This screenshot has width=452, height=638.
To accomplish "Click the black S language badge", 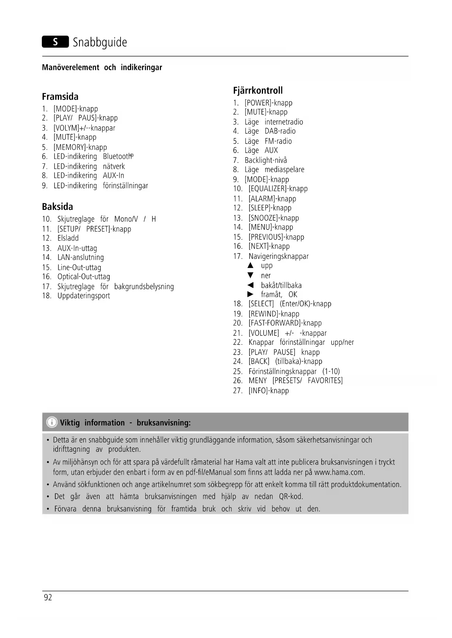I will (55, 42).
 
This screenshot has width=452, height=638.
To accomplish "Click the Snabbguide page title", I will (100, 42).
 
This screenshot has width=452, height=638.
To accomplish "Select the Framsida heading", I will (60, 97).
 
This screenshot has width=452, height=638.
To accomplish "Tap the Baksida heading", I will (57, 207).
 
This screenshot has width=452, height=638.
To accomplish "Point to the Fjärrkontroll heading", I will (258, 91).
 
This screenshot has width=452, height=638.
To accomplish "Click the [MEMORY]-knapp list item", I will (80, 147).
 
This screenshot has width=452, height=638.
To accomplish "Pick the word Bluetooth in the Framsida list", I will (117, 156).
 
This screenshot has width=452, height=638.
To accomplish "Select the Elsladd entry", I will (68, 238).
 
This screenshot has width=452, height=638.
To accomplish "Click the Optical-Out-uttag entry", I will (83, 277).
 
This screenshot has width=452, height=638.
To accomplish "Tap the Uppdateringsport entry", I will (83, 296).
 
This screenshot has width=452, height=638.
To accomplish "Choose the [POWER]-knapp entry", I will (268, 103).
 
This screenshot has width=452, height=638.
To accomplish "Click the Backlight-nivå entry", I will (266, 160).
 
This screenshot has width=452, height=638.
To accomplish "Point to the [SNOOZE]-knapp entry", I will (274, 218).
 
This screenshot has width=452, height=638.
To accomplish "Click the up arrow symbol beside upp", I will (250, 266).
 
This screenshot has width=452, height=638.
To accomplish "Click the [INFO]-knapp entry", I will (268, 391).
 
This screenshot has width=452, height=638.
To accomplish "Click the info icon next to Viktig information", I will (52, 422).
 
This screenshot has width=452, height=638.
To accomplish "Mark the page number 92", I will (48, 598).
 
